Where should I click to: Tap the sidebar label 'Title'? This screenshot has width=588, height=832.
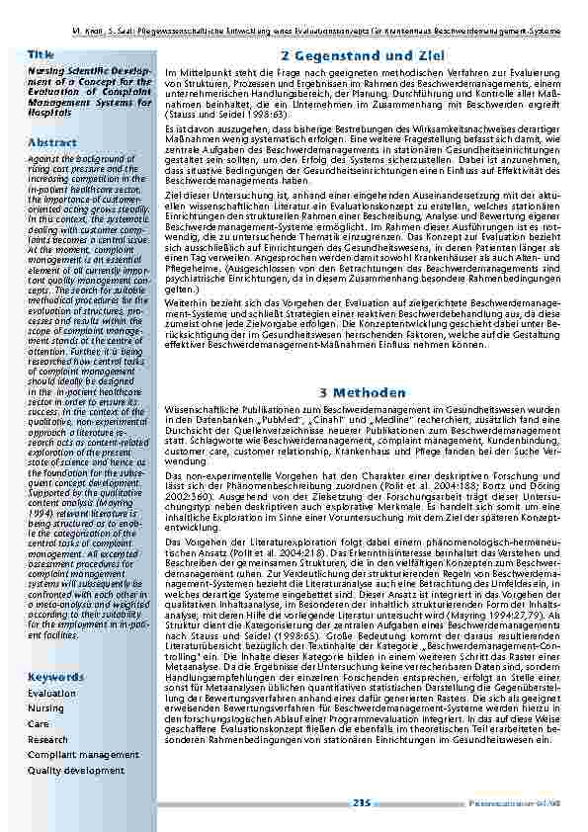[41, 53]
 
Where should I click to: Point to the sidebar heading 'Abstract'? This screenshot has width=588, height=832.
[51, 142]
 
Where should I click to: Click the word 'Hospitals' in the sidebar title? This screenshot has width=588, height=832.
[48, 114]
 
